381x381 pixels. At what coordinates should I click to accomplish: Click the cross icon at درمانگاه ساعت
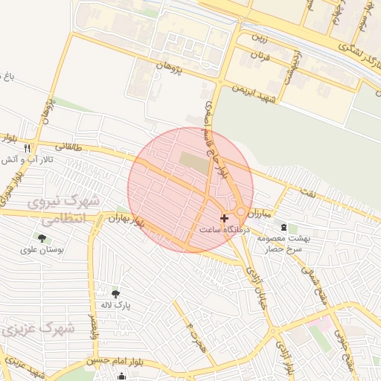[225, 218]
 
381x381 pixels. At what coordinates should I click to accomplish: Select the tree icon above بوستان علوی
[42, 238]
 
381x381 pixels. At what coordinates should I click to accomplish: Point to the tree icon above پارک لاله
[115, 294]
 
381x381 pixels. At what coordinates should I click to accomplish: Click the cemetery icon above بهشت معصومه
[283, 226]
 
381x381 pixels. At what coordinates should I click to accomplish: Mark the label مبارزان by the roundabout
[256, 213]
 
